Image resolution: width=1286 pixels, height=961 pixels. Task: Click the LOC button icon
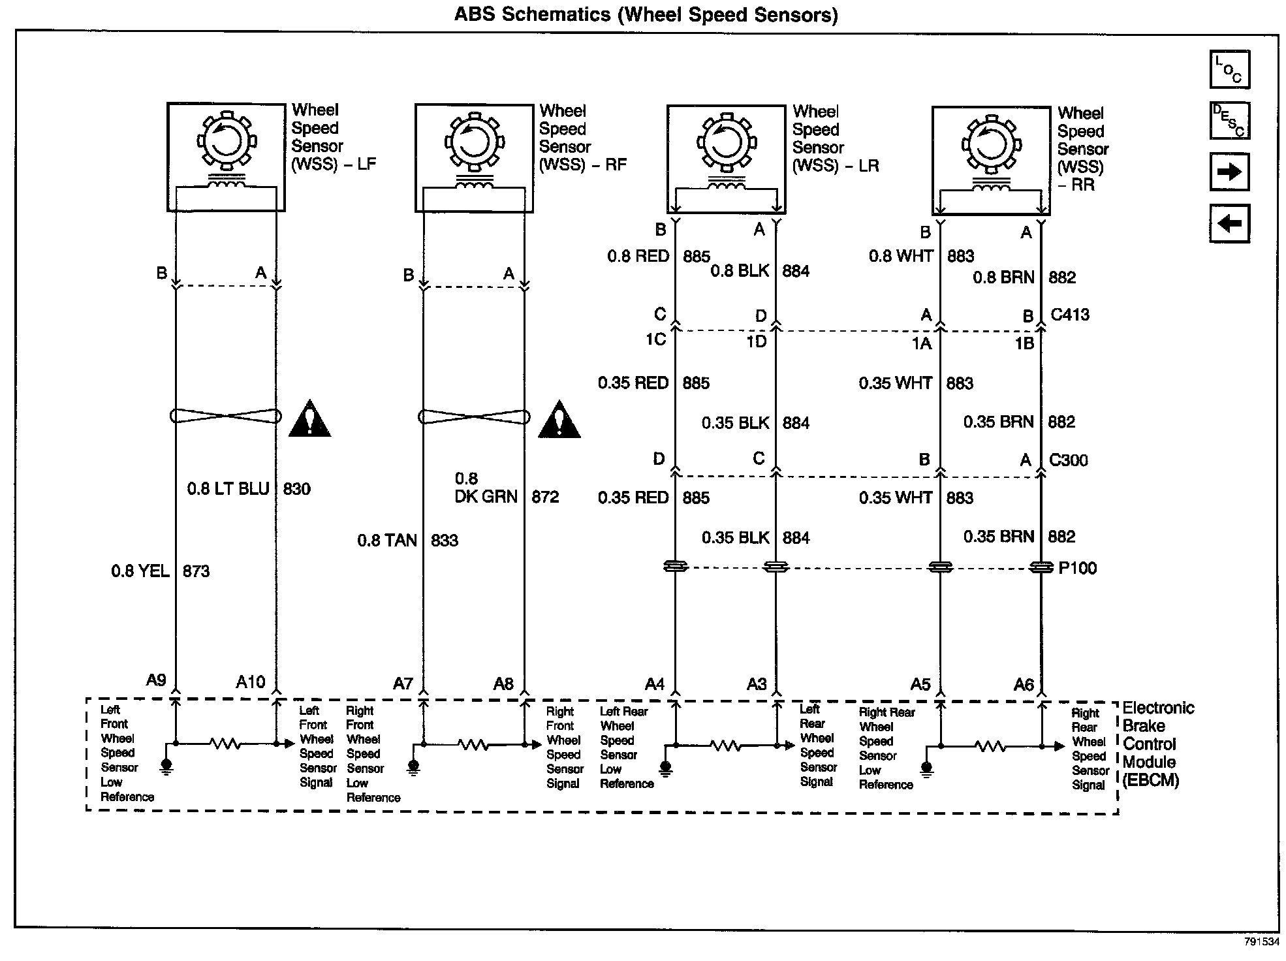(1229, 69)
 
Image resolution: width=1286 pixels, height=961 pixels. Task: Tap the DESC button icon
(1229, 121)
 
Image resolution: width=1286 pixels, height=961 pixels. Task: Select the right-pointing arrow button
(1229, 172)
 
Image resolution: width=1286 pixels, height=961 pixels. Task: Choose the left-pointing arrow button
(1229, 224)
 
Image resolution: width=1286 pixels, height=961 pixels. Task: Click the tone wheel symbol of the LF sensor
(226, 142)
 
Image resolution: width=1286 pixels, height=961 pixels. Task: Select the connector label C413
(1070, 315)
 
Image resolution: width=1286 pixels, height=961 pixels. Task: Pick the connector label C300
(1068, 460)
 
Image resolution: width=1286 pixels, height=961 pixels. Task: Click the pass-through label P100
(1077, 568)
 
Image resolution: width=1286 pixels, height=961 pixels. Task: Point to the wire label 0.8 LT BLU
(228, 489)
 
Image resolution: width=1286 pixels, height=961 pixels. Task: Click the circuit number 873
(196, 571)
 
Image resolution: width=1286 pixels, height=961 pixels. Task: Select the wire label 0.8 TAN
(387, 541)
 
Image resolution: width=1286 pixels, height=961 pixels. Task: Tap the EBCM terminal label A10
(251, 682)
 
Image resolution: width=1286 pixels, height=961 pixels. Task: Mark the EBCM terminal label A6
(1024, 685)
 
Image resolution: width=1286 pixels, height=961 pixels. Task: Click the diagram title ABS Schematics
(646, 14)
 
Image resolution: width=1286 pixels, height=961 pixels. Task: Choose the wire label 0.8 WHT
(900, 256)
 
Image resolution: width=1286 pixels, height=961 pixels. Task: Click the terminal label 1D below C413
(756, 341)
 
